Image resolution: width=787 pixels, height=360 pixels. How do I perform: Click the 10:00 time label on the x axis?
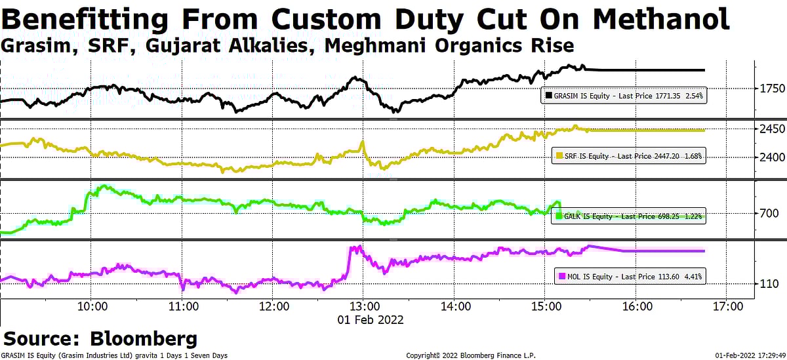coord(92,306)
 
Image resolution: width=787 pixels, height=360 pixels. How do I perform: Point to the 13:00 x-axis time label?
coord(365,306)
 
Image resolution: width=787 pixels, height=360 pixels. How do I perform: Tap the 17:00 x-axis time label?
coord(728,306)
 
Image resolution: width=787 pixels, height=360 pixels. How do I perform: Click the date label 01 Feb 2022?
coord(371,320)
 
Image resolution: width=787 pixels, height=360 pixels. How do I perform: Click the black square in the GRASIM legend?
coord(548,96)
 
